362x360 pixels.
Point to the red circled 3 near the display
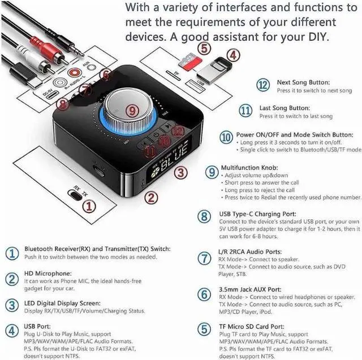pyautogui.click(x=180, y=173)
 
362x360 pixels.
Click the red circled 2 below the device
pyautogui.click(x=150, y=198)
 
